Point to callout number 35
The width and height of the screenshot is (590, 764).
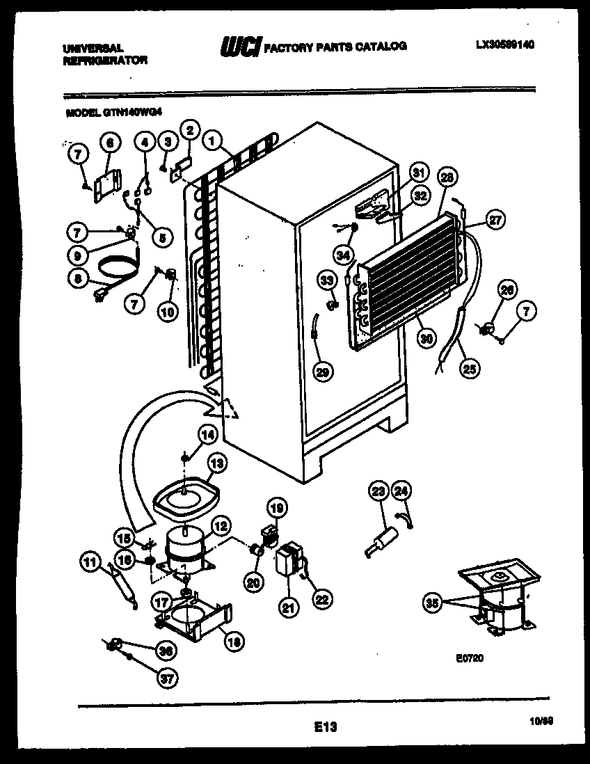pos(433,604)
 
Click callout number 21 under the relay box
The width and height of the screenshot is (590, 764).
pos(287,607)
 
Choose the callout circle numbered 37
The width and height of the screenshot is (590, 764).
pos(165,679)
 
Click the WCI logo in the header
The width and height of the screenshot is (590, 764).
pos(240,47)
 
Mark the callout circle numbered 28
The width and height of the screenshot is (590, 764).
pos(447,177)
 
